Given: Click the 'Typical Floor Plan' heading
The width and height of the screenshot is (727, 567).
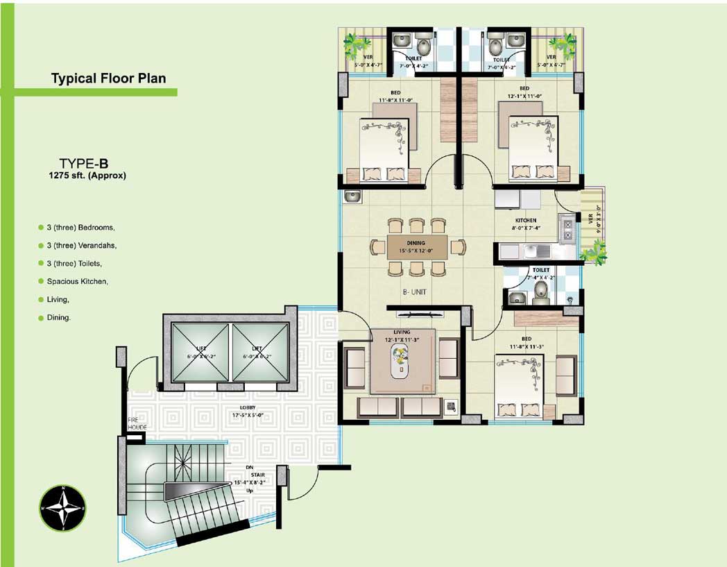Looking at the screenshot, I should (x=108, y=78).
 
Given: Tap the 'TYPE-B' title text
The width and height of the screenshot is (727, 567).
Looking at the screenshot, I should (x=83, y=164).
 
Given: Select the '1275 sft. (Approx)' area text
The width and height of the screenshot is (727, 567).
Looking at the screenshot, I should (x=83, y=176).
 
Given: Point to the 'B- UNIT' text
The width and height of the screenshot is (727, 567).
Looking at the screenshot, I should (x=415, y=293).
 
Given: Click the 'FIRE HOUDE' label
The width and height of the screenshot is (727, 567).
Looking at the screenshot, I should (x=137, y=424).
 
